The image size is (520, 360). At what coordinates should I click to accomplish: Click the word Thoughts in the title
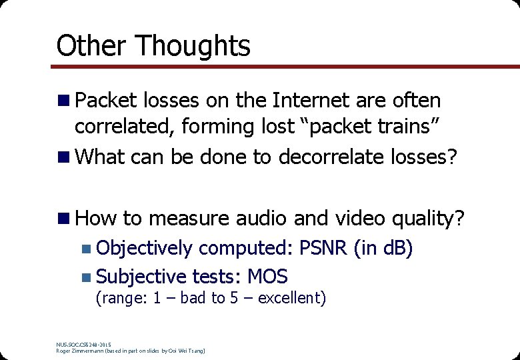(x=193, y=46)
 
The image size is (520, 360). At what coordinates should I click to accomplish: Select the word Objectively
(x=145, y=248)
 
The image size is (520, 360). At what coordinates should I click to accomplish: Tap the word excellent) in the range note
(x=291, y=298)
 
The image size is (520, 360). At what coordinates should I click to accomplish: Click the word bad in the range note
(x=193, y=298)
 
